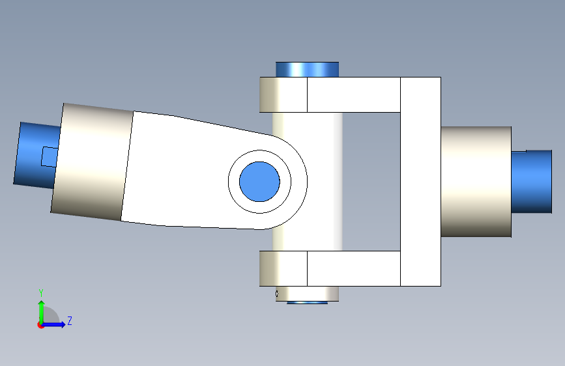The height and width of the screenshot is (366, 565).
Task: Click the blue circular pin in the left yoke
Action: (259, 182)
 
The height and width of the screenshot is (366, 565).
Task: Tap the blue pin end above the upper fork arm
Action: (308, 70)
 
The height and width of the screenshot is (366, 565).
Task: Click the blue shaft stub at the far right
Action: (532, 182)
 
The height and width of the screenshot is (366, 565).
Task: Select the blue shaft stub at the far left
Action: (36, 155)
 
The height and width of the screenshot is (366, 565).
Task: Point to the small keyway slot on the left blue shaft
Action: (50, 157)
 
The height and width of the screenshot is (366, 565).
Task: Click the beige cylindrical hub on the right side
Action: (476, 182)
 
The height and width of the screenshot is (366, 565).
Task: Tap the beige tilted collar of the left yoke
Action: (92, 162)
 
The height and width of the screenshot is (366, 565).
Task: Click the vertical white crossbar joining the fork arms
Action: (420, 182)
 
